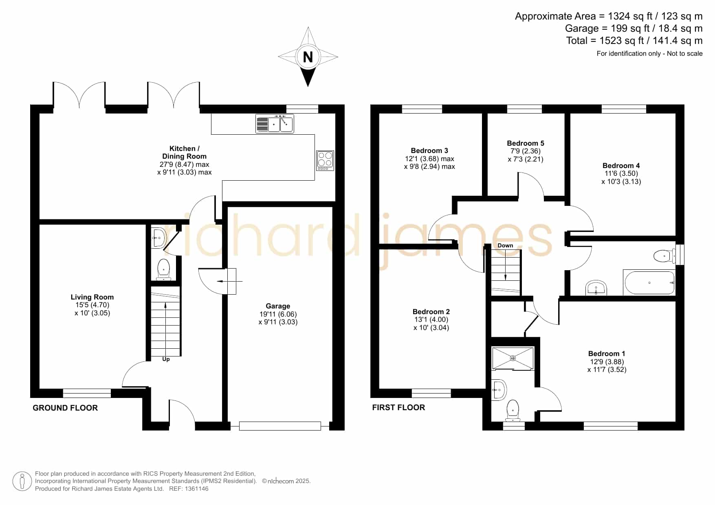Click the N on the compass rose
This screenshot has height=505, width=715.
[308, 57]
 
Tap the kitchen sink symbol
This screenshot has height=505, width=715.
[275, 124]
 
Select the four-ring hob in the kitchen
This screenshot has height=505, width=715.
[325, 160]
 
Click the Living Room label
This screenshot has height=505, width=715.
[92, 297]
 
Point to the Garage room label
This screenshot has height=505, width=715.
[278, 306]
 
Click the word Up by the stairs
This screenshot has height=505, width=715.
[166, 359]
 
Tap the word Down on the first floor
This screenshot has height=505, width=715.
[505, 245]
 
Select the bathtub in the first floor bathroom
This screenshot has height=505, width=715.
[649, 282]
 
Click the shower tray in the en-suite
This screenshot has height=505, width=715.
[513, 358]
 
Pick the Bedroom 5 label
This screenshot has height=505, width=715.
[526, 143]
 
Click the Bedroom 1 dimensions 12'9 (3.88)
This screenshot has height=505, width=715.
[607, 362]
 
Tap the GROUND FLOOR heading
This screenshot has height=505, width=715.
[65, 408]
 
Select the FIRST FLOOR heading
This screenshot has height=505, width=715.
[398, 407]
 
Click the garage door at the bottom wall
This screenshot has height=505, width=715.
[280, 426]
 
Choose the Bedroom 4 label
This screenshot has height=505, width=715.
[621, 166]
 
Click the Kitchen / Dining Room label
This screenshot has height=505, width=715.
[184, 152]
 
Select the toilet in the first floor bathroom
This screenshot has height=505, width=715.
[664, 256]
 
